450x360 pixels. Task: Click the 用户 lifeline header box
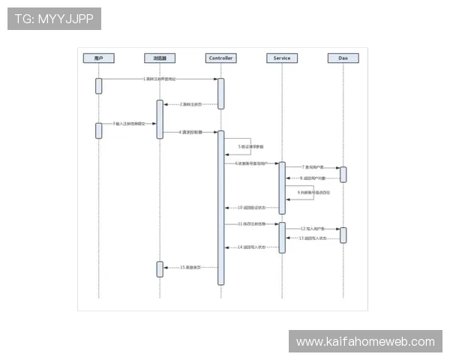pos(98,58)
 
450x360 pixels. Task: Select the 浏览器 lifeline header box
pos(160,58)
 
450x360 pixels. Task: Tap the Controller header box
pos(221,58)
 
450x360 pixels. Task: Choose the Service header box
pos(282,58)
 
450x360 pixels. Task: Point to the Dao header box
pos(343,58)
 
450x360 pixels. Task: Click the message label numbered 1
pos(160,79)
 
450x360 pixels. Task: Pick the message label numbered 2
pos(190,104)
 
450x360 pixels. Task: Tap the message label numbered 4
pos(190,131)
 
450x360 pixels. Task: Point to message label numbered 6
pos(251,163)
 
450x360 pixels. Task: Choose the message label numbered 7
pos(313,167)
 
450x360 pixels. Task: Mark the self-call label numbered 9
pos(313,193)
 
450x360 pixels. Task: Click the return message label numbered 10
pos(251,207)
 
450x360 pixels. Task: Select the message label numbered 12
pos(313,228)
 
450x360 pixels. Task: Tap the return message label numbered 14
pos(251,247)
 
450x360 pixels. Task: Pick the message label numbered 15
pos(190,267)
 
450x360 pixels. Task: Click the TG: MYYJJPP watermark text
pos(54,19)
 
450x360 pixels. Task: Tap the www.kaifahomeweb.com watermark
pos(365,342)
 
